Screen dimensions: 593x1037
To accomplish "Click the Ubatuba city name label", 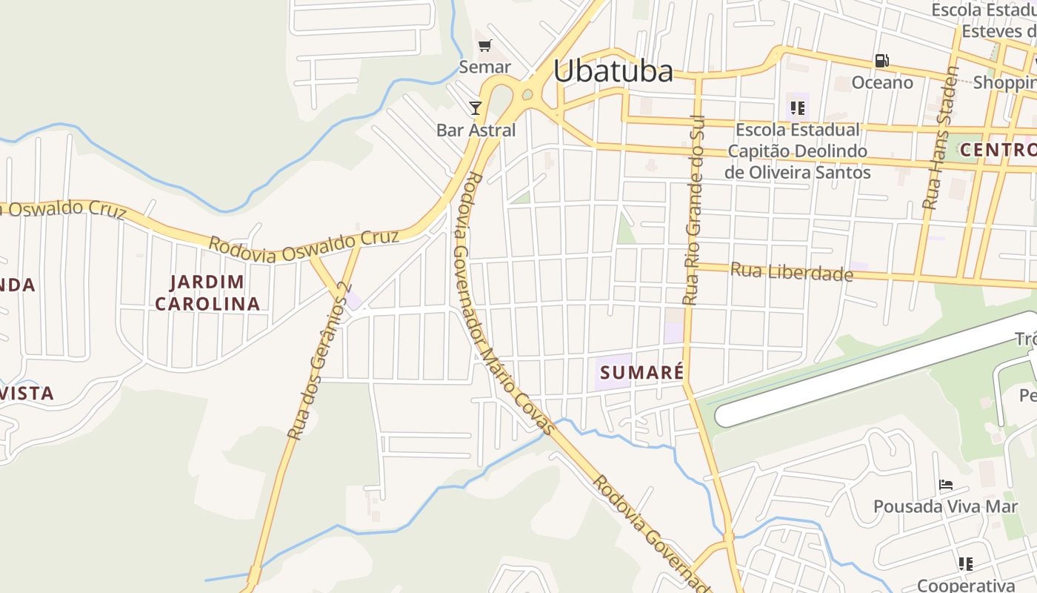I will tap(613, 71).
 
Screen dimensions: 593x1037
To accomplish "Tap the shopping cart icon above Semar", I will tap(485, 47).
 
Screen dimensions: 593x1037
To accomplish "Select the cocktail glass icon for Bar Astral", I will tap(476, 108).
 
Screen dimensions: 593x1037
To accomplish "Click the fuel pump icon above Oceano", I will tap(881, 61).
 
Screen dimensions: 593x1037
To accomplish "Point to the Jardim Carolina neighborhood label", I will tap(207, 293).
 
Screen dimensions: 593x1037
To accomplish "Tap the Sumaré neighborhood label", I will tap(641, 372).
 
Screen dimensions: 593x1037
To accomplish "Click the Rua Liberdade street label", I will tap(791, 272).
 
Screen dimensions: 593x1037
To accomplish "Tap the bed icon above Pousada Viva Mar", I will tap(946, 486).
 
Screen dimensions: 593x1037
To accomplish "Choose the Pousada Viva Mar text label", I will tap(946, 506).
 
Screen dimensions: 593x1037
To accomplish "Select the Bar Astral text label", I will tap(476, 130).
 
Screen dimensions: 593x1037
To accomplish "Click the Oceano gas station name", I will tap(881, 82).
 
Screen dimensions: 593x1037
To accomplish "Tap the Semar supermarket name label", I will tap(485, 67).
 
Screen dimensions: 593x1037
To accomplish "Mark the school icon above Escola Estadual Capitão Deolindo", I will tap(798, 109).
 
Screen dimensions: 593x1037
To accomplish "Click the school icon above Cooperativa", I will tap(965, 564).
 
